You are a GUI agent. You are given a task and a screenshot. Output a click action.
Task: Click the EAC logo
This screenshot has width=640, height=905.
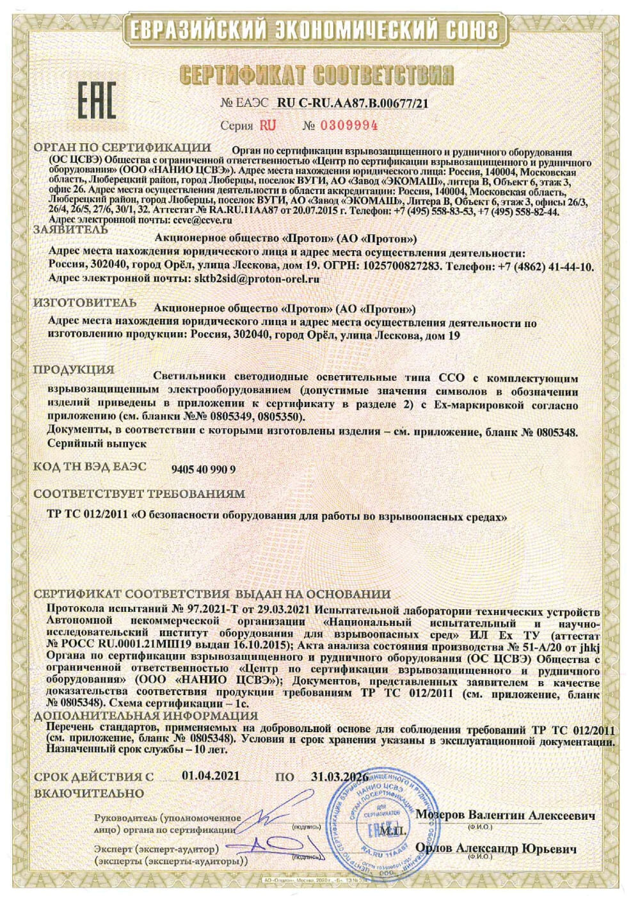tap(97, 100)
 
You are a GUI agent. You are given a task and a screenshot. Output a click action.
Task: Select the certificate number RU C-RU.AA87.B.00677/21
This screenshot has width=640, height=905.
tap(353, 103)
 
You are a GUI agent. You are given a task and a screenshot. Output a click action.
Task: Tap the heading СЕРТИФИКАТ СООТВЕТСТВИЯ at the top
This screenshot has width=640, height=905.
tap(317, 74)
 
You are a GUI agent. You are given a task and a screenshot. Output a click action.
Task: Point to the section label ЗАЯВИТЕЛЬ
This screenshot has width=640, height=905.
tap(67, 228)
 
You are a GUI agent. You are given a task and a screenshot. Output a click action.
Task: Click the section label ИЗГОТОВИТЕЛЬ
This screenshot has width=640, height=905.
tap(84, 301)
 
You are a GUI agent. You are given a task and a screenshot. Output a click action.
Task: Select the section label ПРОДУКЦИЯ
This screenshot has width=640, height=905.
tap(74, 369)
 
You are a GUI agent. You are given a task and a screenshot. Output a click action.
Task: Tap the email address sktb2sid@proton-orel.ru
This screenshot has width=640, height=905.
tap(256, 279)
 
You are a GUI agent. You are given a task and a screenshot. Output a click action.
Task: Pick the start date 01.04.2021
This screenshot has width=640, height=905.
tap(211, 776)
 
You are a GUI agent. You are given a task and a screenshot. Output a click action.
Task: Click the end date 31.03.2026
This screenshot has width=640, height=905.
tap(339, 776)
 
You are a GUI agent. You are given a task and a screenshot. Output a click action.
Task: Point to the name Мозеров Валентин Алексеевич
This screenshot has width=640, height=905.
tap(505, 815)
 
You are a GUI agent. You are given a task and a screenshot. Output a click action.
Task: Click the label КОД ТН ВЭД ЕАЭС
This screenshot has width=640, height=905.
tap(90, 467)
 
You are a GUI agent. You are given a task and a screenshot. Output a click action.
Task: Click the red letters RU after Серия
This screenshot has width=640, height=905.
tap(268, 125)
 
